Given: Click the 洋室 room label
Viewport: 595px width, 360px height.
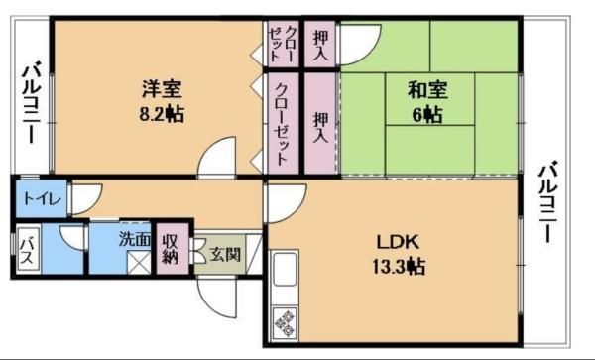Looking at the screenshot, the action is pos(162,89).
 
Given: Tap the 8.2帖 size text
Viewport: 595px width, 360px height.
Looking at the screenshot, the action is pos(162,114).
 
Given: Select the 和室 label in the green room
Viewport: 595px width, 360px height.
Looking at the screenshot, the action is pos(427,90).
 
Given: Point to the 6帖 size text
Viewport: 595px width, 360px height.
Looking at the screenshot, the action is pos(427,115).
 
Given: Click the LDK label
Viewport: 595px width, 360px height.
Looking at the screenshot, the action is pos(398,242).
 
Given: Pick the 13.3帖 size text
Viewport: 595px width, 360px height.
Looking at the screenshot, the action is pos(398,266).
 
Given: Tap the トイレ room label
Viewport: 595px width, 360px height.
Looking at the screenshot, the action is pos(42,198).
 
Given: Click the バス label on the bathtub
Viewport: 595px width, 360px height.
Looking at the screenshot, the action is pos(28,251).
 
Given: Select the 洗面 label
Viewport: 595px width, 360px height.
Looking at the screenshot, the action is pos(134,239).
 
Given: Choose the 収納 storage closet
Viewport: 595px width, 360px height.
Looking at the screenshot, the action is pos(173,249).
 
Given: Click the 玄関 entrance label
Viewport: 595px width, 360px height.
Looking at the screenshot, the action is pos(225,254).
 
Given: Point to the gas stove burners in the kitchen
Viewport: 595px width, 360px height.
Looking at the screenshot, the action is pos(286,322).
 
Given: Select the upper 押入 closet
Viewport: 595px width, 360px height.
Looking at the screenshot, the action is pos(320,44).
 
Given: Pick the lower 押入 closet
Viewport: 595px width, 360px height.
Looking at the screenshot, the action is pos(320,123).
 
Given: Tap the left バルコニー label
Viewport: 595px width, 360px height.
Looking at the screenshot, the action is pos(34,104).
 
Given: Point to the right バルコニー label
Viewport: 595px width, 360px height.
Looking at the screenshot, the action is pos(547,202).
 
